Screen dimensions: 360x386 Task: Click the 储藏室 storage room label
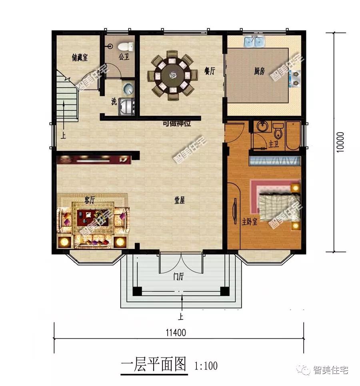80,58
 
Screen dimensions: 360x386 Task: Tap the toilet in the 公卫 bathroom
126,46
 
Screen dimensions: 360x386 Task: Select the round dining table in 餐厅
173,75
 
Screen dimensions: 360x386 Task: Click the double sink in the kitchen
254,41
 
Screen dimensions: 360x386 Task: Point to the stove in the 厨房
295,79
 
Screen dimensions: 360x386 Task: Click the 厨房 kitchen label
260,71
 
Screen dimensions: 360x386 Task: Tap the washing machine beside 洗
127,107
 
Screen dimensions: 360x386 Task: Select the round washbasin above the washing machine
128,88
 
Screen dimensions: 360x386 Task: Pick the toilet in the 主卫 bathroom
278,131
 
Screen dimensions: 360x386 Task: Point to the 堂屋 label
180,200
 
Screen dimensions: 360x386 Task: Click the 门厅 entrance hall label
178,276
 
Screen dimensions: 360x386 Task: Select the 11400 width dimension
176,333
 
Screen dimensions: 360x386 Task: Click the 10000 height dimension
340,142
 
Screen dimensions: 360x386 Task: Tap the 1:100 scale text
206,366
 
